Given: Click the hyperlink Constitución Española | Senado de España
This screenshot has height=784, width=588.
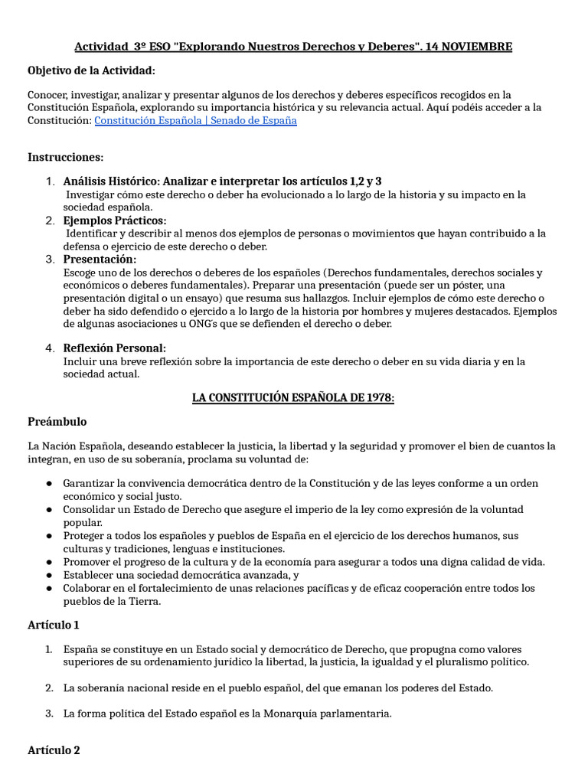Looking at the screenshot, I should pyautogui.click(x=195, y=120).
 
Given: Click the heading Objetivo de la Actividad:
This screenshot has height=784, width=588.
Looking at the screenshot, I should pyautogui.click(x=91, y=70).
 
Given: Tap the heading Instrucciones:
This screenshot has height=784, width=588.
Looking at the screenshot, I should pyautogui.click(x=65, y=157).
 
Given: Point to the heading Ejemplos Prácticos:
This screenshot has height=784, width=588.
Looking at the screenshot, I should pyautogui.click(x=114, y=220).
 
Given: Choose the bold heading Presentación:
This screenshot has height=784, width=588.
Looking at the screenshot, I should pyautogui.click(x=100, y=260).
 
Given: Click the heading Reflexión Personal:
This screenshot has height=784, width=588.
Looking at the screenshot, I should pyautogui.click(x=114, y=348).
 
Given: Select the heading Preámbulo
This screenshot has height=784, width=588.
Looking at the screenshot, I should pyautogui.click(x=57, y=422).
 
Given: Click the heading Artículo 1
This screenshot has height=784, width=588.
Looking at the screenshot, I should pyautogui.click(x=54, y=626).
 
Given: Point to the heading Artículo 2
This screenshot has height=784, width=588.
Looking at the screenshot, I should pyautogui.click(x=54, y=750).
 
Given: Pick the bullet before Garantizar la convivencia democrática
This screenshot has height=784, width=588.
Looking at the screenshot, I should pyautogui.click(x=47, y=484).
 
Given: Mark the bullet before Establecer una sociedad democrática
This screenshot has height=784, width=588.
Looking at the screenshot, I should pyautogui.click(x=47, y=575).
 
